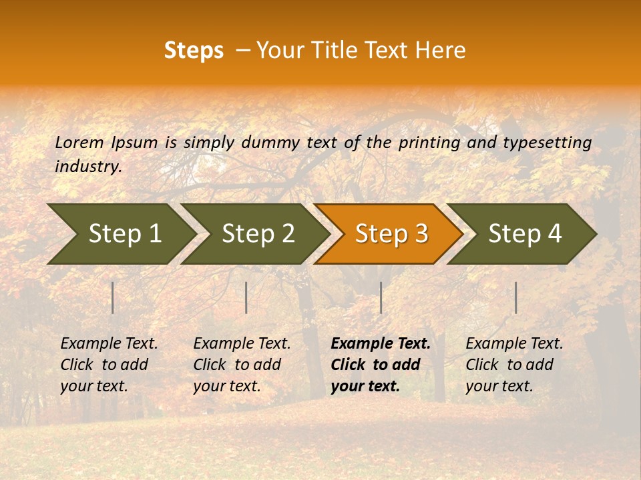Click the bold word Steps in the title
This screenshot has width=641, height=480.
[194, 50]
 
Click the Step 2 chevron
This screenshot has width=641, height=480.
[258, 234]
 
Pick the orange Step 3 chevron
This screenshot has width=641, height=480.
[391, 234]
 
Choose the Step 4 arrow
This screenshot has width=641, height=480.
[525, 234]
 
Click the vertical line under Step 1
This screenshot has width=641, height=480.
[113, 297]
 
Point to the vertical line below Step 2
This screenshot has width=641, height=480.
[246, 297]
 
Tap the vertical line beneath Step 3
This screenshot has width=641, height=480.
[381, 297]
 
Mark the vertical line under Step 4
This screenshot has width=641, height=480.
[515, 297]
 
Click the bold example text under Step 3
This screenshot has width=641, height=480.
[380, 365]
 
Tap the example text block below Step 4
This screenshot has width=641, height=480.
[514, 365]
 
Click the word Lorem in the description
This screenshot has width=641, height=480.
[79, 142]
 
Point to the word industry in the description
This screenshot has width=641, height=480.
[87, 167]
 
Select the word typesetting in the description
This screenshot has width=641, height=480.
[547, 143]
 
